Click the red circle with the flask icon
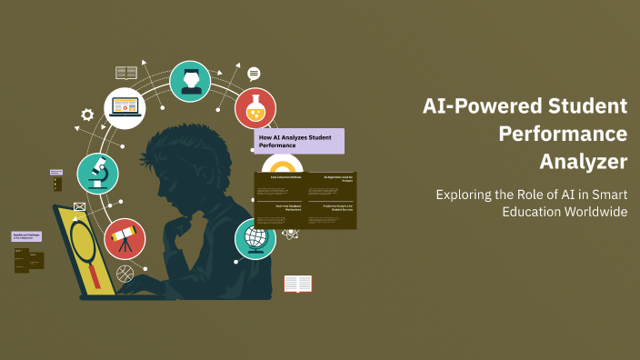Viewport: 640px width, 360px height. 255,108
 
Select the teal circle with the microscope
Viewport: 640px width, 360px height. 97,174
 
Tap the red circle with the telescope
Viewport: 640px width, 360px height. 125,239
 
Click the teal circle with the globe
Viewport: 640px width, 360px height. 255,239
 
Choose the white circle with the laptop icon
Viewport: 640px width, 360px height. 124,108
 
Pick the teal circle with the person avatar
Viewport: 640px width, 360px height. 190,81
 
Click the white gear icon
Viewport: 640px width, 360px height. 87,115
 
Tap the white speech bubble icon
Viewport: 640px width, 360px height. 254,74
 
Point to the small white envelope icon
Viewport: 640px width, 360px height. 79,207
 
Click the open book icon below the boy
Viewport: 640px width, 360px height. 297,284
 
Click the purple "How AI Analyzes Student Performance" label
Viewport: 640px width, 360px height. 299,141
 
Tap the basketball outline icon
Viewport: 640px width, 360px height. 125,273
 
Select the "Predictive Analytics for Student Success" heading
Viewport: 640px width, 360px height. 330,208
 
